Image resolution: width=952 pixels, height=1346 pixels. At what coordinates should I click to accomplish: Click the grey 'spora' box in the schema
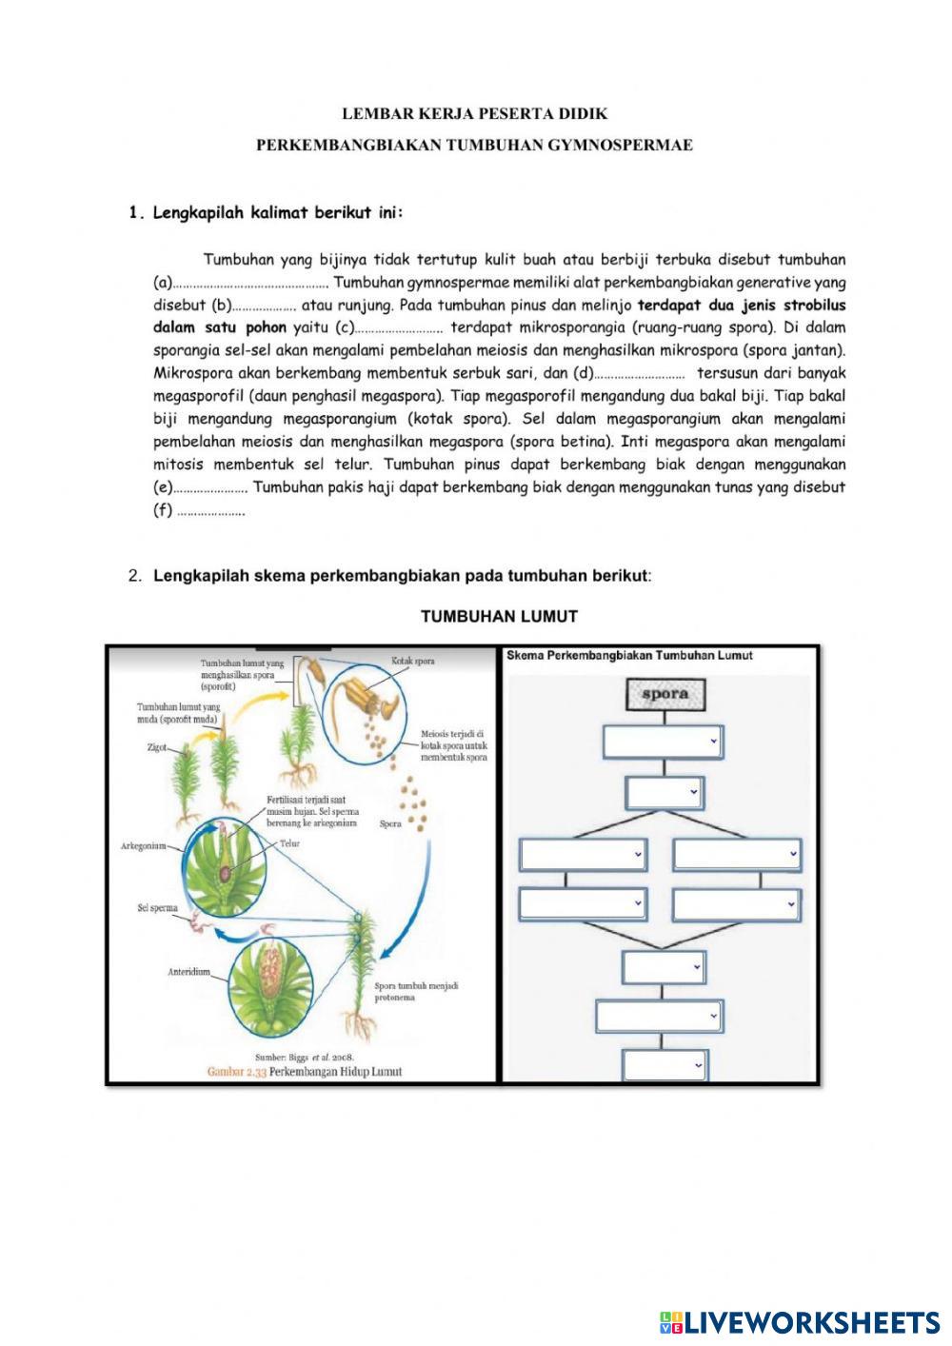point(664,694)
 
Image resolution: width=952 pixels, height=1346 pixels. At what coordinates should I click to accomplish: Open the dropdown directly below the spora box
point(663,741)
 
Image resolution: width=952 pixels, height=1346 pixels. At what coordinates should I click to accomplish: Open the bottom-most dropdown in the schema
point(664,1066)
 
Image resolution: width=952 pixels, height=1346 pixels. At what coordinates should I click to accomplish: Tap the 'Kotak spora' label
point(412,661)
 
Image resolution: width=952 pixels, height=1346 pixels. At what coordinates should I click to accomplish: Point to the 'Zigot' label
point(157,748)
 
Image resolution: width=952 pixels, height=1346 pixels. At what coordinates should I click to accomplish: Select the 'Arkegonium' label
point(144,845)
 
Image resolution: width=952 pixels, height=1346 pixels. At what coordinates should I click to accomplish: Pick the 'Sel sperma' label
point(158,908)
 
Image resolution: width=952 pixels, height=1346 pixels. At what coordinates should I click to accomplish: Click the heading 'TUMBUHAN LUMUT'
point(499,617)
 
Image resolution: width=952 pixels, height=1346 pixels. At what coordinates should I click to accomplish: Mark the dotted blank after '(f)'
point(210,512)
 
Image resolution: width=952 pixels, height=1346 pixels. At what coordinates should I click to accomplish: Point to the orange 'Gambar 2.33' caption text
point(238,1072)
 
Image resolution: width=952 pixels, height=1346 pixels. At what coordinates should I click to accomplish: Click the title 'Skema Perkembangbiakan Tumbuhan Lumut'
point(629,656)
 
